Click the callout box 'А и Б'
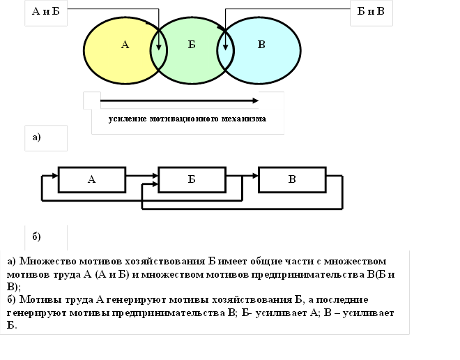click(46, 13)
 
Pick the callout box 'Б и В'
click(370, 13)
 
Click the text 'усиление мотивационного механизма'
click(187, 119)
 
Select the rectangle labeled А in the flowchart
click(92, 179)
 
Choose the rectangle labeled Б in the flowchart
click(192, 179)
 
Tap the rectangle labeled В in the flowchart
click(292, 179)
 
